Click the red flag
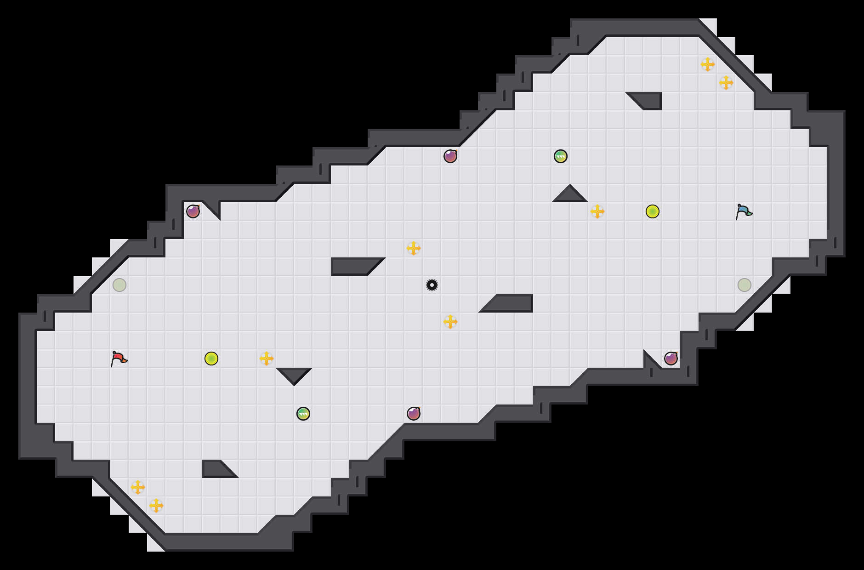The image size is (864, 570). pos(119,358)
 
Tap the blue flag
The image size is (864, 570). pos(744,211)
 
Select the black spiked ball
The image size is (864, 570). pos(432,285)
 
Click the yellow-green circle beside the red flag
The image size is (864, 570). pos(211,359)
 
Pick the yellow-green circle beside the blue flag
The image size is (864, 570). pos(653,211)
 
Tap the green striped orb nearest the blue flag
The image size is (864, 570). pos(561,156)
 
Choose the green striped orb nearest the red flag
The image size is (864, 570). pos(303,414)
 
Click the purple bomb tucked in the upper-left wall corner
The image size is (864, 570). pos(193,211)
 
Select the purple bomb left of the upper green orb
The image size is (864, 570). pos(450,156)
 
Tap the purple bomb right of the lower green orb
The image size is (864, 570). pos(414,414)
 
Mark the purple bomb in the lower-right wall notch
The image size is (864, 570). pos(671,359)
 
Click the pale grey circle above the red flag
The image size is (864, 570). pos(119,285)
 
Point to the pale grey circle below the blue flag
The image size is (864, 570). pos(745,285)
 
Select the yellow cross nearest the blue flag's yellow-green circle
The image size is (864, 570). pos(597,211)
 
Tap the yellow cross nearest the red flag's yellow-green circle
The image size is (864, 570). pos(267,359)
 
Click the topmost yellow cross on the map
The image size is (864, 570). pos(708,64)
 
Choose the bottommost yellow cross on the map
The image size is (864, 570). pos(156,506)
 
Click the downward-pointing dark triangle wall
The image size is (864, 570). pos(294,374)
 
